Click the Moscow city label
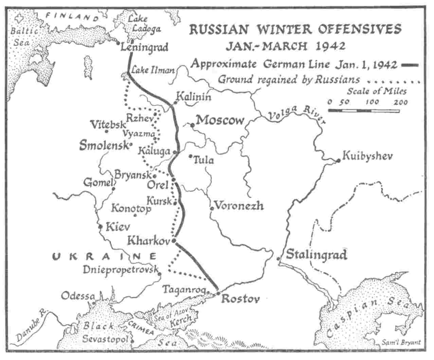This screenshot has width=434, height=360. (220, 120)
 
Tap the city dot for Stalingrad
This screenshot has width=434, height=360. (278, 259)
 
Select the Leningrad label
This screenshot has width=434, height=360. (144, 47)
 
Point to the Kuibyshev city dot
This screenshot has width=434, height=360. (338, 160)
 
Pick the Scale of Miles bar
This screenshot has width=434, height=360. (363, 110)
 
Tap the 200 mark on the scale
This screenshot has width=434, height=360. (401, 102)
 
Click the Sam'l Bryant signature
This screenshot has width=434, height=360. (401, 342)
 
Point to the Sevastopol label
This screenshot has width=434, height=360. (106, 339)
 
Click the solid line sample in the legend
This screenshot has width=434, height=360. (410, 65)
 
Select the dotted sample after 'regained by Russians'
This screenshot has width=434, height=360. (394, 82)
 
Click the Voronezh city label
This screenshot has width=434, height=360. (239, 205)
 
